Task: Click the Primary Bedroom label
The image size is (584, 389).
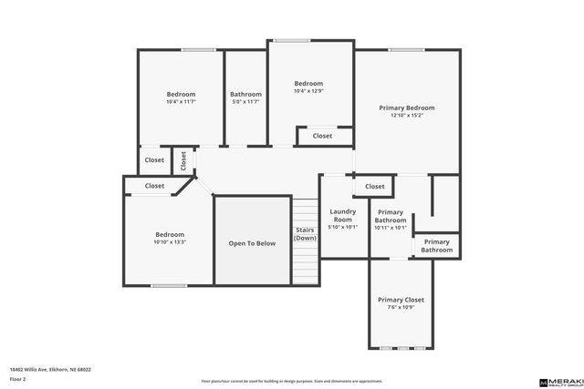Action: point(406,107)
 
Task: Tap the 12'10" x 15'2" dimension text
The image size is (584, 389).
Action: point(406,116)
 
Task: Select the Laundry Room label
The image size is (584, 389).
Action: point(342,215)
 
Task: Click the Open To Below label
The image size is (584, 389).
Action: point(252,243)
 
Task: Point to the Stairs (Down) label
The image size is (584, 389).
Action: point(305,234)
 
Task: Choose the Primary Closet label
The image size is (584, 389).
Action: point(401,300)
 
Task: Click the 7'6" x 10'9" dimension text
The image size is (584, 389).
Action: point(401,308)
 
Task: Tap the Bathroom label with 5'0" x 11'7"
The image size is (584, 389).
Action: point(245,94)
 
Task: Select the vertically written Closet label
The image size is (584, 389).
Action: point(183,160)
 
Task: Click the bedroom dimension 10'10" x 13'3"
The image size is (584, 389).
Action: point(170,242)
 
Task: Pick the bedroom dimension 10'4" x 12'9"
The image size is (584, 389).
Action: point(308,92)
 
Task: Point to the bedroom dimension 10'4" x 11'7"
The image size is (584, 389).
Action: point(181,102)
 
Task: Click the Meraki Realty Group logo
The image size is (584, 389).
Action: point(558,382)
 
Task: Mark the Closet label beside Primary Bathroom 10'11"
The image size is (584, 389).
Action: point(375,186)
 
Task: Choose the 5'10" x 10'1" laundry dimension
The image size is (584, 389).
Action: point(342,228)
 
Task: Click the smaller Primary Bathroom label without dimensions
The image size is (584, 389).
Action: point(437,245)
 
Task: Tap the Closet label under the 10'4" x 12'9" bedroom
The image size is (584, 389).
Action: point(322,136)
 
